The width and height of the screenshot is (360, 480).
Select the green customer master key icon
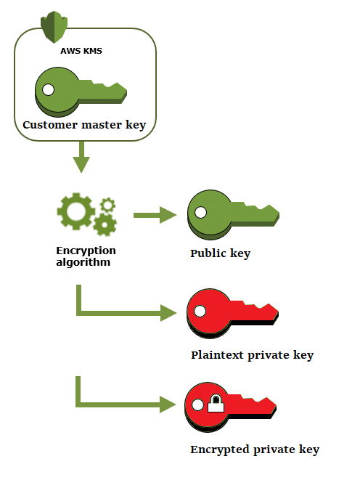pos(81,90)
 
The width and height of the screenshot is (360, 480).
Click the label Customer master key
pos(84,125)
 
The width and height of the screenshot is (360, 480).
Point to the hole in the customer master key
pos(48,90)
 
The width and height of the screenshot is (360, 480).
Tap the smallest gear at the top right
pos(107,205)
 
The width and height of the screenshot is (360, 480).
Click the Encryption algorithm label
pos(86,256)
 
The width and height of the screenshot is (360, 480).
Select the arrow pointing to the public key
pos(155,214)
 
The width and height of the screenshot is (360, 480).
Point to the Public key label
pos(220,253)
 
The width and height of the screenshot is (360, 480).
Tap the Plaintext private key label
pos(252,355)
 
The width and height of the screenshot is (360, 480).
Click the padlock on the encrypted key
pos(215,404)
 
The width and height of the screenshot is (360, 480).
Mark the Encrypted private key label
pos(255,450)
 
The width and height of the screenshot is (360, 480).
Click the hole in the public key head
pos(200,213)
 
